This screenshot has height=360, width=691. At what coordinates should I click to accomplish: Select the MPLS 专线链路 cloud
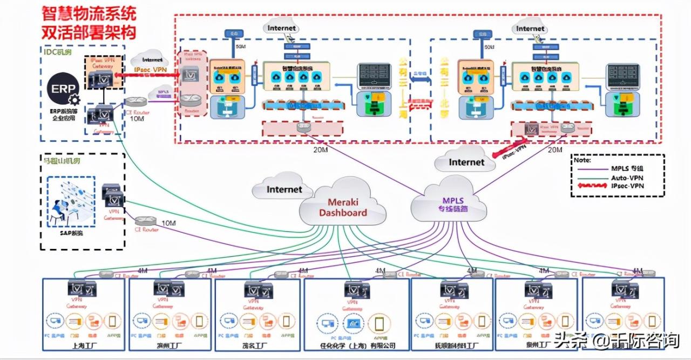coord(446,203)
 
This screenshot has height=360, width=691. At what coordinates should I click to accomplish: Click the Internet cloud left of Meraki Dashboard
coord(284,189)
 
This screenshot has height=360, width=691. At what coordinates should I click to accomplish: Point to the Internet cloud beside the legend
coord(466,161)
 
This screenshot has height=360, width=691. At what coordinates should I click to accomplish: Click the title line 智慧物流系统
coord(90,13)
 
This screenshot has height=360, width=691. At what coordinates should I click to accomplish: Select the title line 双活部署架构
coord(90,31)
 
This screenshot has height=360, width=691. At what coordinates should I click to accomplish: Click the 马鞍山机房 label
coord(64,160)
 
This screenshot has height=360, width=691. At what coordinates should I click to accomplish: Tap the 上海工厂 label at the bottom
coord(85,345)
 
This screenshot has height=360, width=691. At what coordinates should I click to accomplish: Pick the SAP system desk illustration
coord(70,203)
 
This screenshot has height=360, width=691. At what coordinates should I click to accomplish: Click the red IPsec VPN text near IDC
coord(150,71)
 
